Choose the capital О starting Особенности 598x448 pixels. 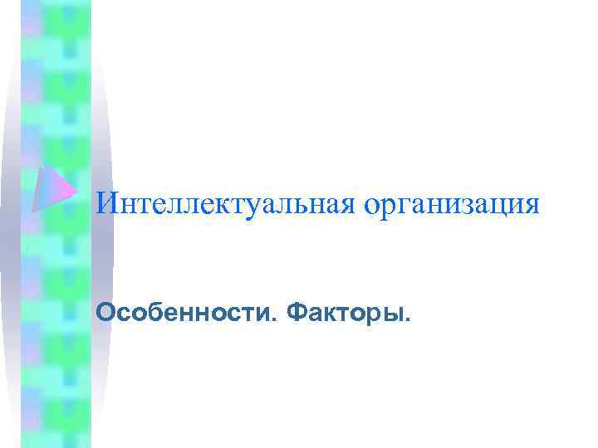tap(105, 313)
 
